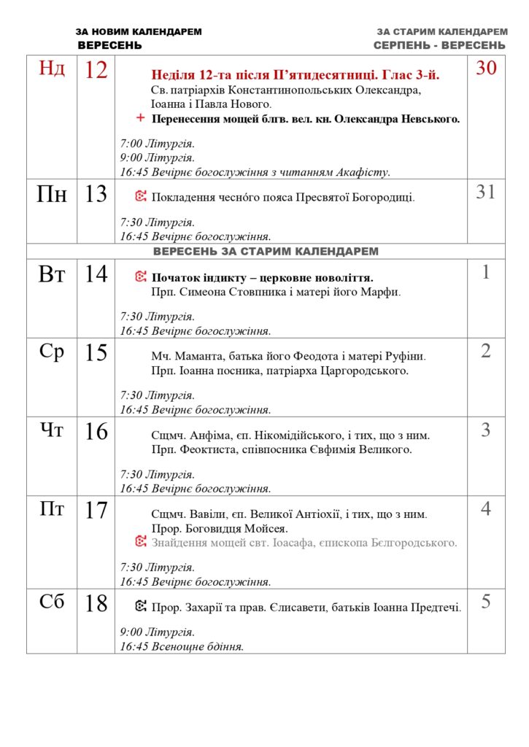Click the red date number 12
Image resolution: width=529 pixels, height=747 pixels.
(x=96, y=70)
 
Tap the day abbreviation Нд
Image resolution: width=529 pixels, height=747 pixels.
(x=52, y=69)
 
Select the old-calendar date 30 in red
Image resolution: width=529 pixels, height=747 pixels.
(x=486, y=69)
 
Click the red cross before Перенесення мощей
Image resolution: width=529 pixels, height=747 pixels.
(x=140, y=118)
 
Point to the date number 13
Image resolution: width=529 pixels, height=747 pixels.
(x=96, y=194)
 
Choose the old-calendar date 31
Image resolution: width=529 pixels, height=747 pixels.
(x=486, y=193)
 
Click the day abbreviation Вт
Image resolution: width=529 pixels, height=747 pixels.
(x=52, y=274)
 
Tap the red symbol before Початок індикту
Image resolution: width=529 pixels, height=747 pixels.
(x=141, y=277)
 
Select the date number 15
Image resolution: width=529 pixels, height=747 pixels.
(x=96, y=353)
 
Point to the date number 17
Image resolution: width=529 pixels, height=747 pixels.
(x=96, y=511)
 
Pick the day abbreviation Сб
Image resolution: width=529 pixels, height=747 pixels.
(x=52, y=603)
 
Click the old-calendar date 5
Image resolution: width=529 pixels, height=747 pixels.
(x=486, y=603)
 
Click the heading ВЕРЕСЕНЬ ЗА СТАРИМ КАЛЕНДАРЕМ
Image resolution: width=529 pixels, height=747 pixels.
(x=266, y=251)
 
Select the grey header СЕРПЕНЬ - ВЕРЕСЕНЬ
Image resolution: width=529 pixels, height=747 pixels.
(x=439, y=45)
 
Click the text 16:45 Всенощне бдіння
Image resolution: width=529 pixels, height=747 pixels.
(x=182, y=646)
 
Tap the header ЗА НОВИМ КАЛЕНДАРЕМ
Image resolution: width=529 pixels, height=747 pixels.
(x=139, y=32)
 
